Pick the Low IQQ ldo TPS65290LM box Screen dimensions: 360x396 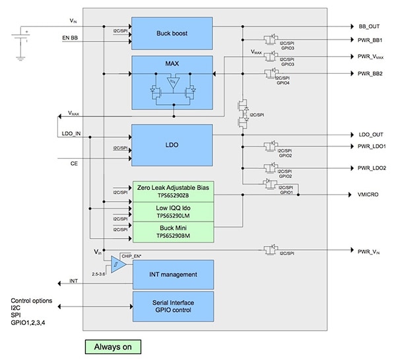tap(172, 212)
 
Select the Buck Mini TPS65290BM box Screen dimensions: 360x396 tap(172, 231)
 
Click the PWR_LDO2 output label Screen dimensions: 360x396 tap(372, 169)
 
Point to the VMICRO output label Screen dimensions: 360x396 tap(370, 195)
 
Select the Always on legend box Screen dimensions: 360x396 tap(112, 345)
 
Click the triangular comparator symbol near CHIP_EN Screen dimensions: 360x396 tap(117, 264)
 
